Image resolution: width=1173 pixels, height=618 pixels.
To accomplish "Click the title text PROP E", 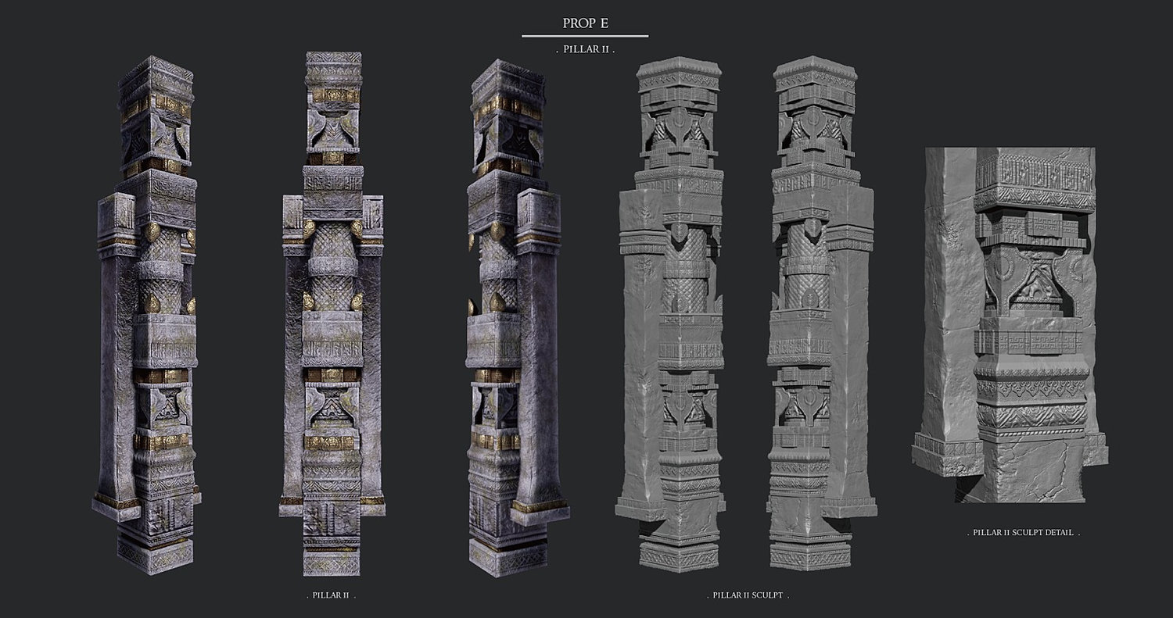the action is [x=586, y=23].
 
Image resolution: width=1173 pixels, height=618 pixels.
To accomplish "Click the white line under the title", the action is [x=585, y=36].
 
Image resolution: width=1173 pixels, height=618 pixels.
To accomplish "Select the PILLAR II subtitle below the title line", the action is [x=586, y=49].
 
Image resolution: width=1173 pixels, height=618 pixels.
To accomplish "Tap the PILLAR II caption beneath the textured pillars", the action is [x=331, y=595].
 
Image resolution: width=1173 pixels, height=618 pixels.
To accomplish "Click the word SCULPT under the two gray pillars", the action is [x=767, y=595].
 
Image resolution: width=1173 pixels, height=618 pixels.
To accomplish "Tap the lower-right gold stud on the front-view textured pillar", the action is [x=357, y=301].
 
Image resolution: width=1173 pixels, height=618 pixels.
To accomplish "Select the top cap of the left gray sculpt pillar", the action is [x=679, y=68].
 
